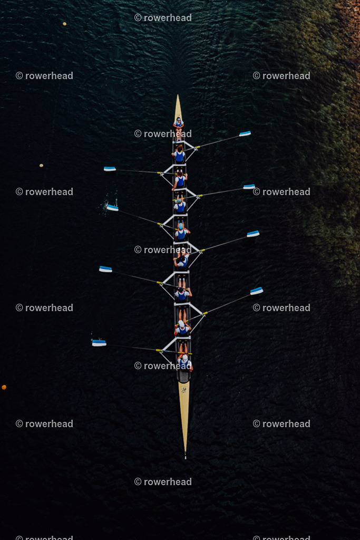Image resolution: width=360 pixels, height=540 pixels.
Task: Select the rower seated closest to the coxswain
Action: click(x=179, y=155)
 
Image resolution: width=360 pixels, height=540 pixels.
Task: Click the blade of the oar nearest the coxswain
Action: click(x=245, y=133)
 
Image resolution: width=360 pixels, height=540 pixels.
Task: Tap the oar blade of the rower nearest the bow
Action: click(x=99, y=343)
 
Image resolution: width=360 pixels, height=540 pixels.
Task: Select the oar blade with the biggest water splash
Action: click(x=112, y=207)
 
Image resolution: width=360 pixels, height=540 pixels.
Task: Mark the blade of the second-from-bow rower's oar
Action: click(x=257, y=291)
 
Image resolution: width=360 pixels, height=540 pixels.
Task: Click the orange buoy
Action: click(x=4, y=387)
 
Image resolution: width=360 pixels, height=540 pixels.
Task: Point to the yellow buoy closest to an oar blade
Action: click(x=41, y=165)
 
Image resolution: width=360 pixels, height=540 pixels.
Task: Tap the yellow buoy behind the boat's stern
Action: click(x=64, y=24)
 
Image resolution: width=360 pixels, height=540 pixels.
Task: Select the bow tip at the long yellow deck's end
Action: click(x=185, y=457)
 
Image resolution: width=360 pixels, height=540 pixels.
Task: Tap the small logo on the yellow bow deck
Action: click(x=184, y=390)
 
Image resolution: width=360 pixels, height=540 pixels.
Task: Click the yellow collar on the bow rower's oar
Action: click(x=159, y=350)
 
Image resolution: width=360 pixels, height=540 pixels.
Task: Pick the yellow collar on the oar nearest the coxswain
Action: click(x=197, y=148)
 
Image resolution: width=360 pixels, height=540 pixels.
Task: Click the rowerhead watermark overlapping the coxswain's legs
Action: click(x=163, y=133)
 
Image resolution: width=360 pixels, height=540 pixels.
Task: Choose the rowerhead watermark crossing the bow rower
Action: click(x=163, y=366)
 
